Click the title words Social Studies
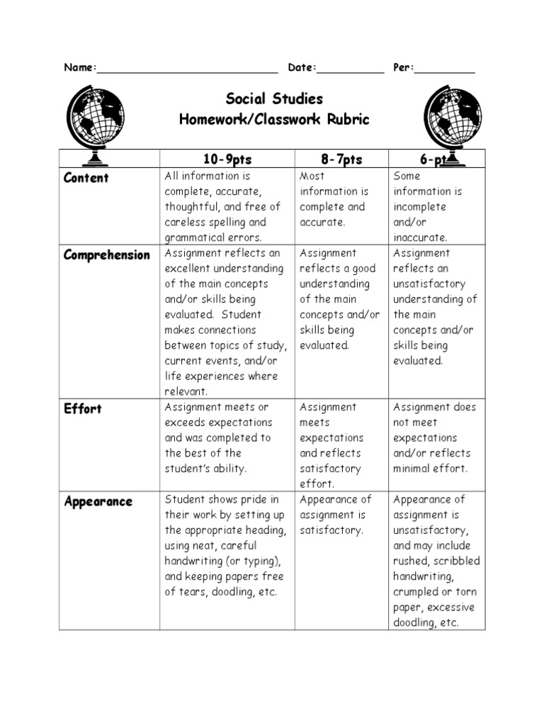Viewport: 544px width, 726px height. pos(274,99)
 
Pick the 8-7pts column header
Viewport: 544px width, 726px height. pos(341,160)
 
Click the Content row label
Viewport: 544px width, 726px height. pos(86,178)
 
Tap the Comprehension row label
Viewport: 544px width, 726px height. pos(107,255)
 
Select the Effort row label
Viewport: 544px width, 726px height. pos(83,409)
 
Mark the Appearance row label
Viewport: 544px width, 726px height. pos(98,502)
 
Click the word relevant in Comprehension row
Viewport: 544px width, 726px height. pos(186,391)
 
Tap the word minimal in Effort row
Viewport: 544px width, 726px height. pos(413,469)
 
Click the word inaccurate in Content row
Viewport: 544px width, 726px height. pos(421,238)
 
